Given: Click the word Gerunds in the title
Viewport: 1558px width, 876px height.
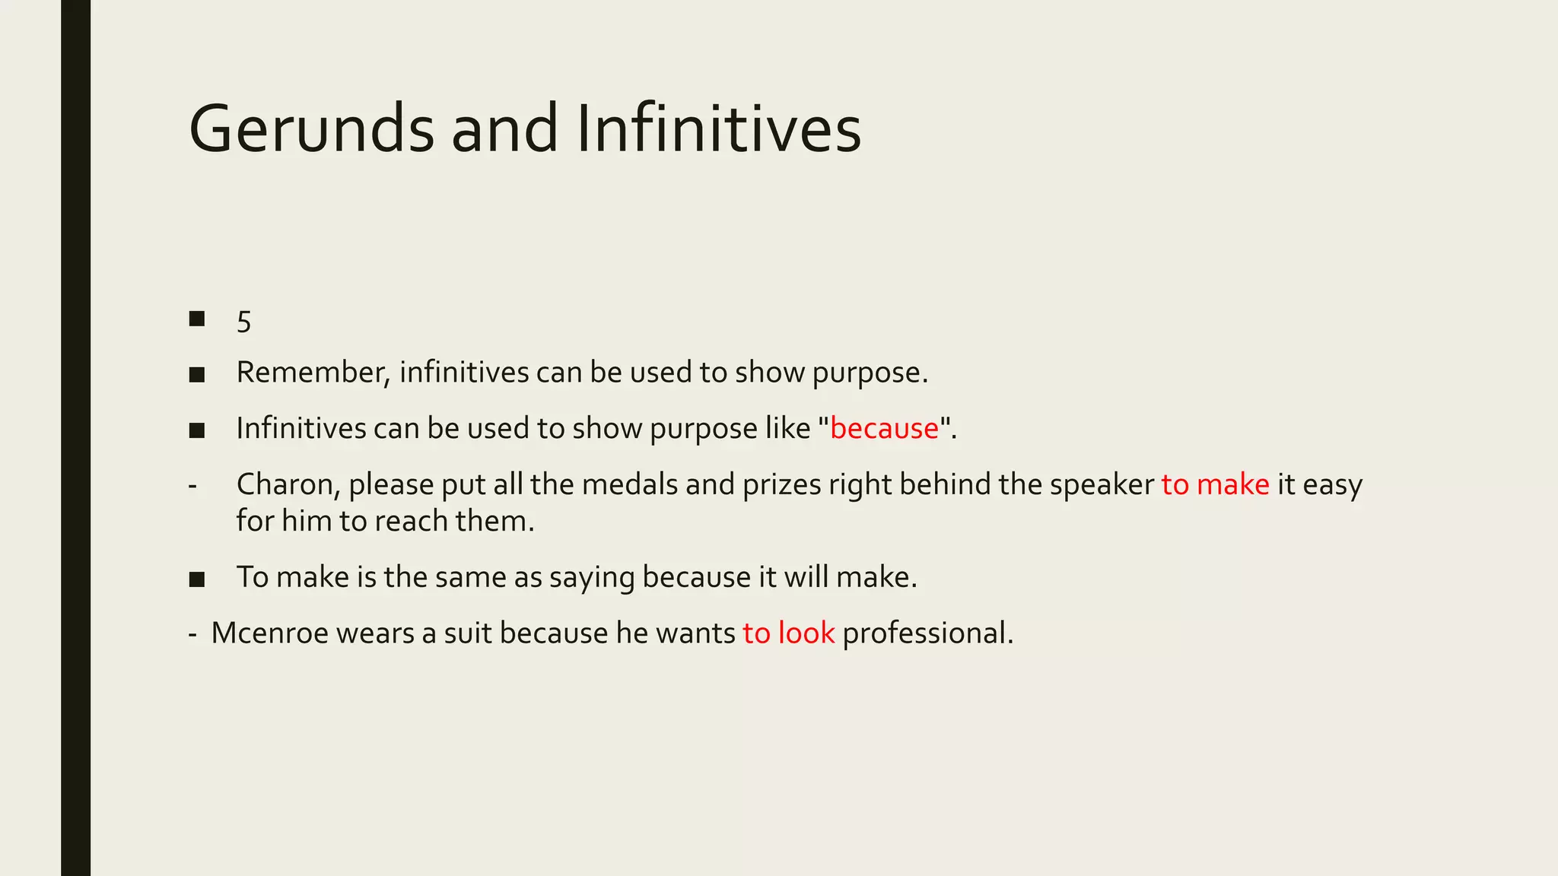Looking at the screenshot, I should [x=311, y=129].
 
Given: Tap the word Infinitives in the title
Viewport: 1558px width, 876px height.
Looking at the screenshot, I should [x=719, y=129].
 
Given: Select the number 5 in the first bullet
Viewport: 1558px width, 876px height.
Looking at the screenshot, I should [x=243, y=322].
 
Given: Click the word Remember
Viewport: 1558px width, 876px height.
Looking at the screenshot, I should [x=313, y=373].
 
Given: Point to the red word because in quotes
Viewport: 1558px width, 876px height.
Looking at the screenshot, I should [x=885, y=429].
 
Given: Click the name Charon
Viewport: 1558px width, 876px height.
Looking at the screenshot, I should [x=288, y=484].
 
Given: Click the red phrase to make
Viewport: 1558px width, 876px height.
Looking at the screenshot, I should [x=1215, y=484].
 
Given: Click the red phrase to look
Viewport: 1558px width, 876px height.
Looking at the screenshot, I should [x=789, y=633].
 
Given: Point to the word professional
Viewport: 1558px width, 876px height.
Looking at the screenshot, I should [x=927, y=633].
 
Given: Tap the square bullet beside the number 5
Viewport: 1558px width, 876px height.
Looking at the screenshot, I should [x=197, y=319].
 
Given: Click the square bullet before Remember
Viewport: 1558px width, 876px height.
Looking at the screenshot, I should [x=197, y=374].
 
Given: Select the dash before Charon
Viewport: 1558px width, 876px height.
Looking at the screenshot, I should [x=192, y=485].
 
